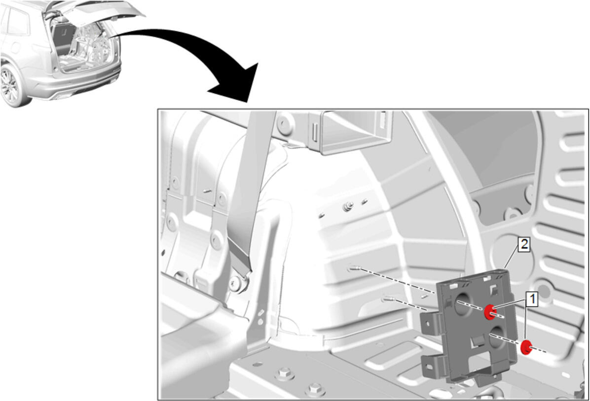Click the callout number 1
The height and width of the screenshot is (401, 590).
[x=532, y=299]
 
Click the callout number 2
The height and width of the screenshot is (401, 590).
[x=524, y=245]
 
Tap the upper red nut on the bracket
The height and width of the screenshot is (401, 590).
[x=489, y=311]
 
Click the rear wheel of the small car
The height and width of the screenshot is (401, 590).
[x=10, y=85]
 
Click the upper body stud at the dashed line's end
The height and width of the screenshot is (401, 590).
[x=354, y=268]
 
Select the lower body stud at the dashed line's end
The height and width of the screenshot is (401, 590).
[x=388, y=299]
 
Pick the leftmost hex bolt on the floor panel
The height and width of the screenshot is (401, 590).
[x=285, y=375]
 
